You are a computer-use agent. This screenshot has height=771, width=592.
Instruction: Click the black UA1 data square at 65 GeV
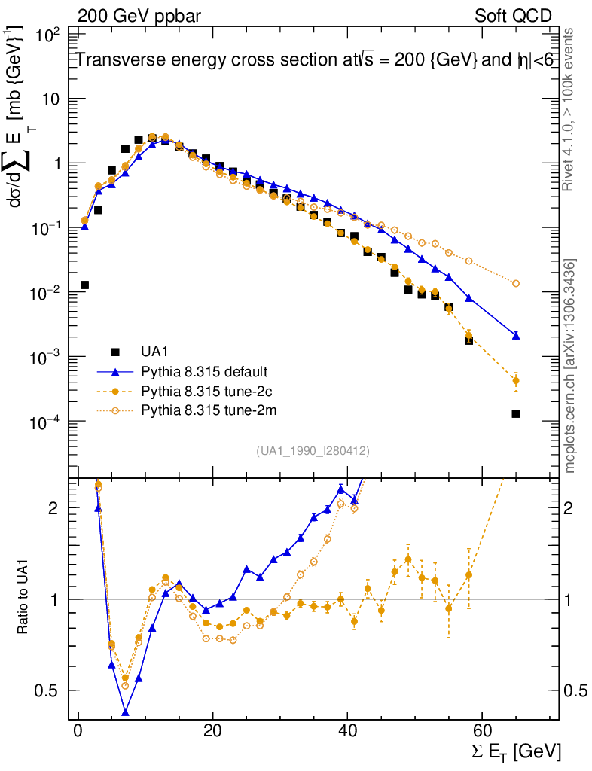coord(516,413)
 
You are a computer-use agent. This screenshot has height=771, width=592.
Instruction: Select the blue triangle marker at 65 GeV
coord(516,335)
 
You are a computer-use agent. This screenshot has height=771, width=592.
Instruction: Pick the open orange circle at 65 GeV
coord(516,284)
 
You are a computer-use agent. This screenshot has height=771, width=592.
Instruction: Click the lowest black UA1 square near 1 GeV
coord(85,285)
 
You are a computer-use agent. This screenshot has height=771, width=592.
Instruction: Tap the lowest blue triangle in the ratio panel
coord(125,712)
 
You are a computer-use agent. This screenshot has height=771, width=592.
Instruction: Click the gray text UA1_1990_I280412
coord(313,450)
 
